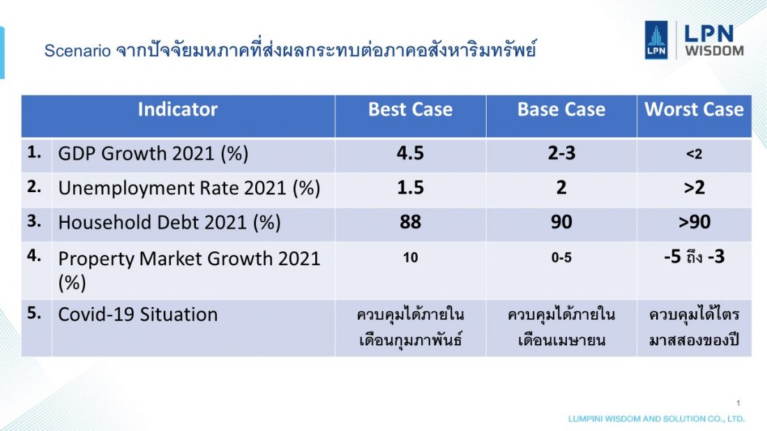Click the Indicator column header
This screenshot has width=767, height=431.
click(x=178, y=109)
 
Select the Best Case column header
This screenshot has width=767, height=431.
click(x=411, y=109)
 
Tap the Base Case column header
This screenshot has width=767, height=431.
click(x=561, y=109)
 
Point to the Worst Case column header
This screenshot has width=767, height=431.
click(x=694, y=109)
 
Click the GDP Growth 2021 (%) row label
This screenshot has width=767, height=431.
click(x=153, y=154)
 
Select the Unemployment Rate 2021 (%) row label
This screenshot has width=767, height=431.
click(x=189, y=188)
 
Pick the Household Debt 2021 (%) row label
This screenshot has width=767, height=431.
click(x=169, y=223)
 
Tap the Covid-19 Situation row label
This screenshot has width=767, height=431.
click(x=138, y=314)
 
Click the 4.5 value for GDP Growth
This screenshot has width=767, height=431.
click(x=411, y=153)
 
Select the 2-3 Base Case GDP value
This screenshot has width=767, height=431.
click(x=561, y=153)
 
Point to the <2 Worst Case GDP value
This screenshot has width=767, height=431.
click(x=694, y=155)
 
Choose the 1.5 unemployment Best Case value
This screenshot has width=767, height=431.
click(x=411, y=187)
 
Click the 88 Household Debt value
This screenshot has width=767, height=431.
click(x=411, y=222)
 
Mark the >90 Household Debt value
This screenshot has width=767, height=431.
click(x=694, y=222)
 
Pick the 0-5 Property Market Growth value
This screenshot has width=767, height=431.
click(x=561, y=258)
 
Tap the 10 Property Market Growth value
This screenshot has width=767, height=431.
click(x=411, y=258)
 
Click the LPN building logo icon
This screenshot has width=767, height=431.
click(x=656, y=40)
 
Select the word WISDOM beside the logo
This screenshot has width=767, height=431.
click(x=714, y=51)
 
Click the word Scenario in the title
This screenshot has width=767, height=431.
click(x=77, y=51)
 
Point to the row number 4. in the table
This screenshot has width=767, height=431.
click(x=34, y=255)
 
